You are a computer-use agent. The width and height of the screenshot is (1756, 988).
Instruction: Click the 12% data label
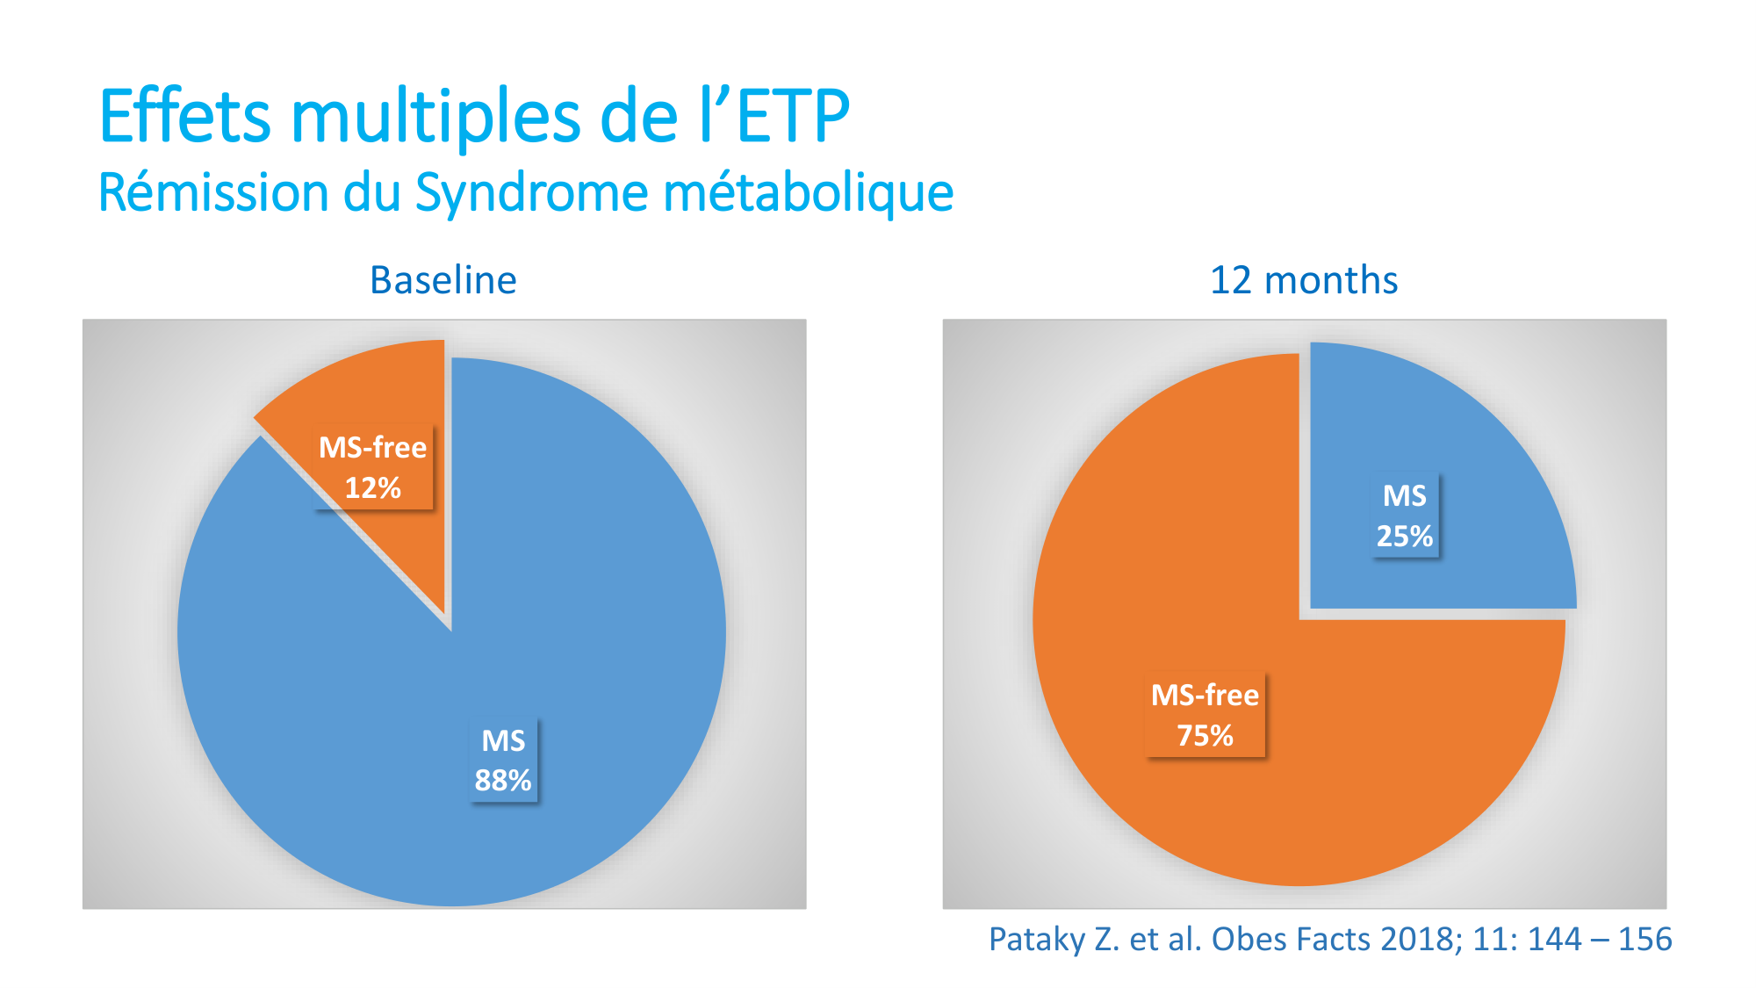[372, 488]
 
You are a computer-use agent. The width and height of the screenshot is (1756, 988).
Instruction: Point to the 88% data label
[503, 781]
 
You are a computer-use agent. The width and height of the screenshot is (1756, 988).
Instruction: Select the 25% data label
[1404, 536]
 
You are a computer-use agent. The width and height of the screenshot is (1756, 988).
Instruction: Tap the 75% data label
[1205, 735]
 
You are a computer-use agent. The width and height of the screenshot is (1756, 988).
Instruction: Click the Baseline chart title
[443, 280]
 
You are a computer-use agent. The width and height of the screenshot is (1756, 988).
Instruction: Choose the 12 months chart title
[1303, 280]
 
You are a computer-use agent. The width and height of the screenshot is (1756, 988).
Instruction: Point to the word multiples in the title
[435, 117]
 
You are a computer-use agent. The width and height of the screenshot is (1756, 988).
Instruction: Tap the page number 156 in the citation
[1644, 940]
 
